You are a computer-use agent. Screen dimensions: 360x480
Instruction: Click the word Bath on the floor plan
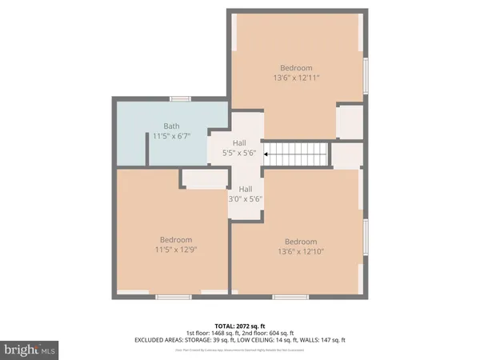(171, 126)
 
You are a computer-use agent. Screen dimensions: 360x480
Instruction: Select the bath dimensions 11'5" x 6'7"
(171, 137)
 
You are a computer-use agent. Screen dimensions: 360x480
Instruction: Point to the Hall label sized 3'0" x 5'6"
(246, 189)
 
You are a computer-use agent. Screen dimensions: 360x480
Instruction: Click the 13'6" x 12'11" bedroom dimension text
(295, 79)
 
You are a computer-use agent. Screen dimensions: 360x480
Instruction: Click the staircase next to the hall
(298, 152)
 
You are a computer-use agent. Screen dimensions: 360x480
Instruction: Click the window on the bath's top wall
(180, 98)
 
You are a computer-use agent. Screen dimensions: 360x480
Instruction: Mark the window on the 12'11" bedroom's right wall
(366, 76)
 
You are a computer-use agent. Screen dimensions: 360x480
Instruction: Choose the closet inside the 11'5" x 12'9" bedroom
(203, 178)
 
